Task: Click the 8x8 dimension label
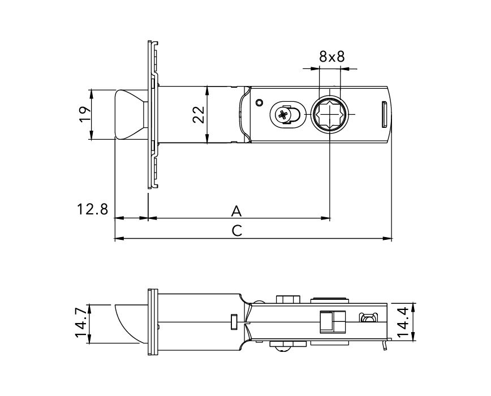tap(331, 57)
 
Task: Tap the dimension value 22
tap(198, 114)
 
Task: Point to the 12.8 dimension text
tap(92, 209)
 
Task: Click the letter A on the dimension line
tap(237, 211)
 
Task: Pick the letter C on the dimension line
tap(237, 231)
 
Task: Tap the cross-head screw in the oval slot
tap(283, 115)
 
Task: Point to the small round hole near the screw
tap(259, 102)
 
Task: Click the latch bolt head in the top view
tap(129, 114)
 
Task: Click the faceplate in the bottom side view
tap(152, 322)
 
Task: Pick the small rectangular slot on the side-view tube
tap(233, 321)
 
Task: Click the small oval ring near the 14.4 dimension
tap(368, 320)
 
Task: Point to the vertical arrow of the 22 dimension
tap(208, 114)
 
